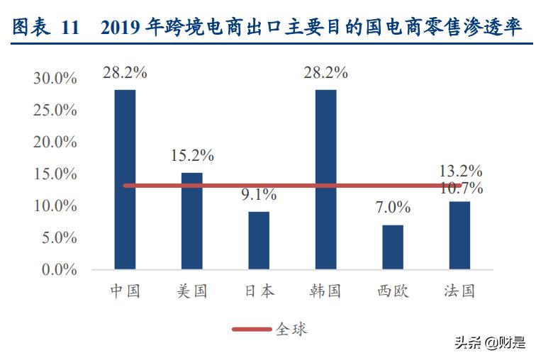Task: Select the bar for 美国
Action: click(x=191, y=221)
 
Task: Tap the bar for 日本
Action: click(x=259, y=240)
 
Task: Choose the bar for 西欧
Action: click(x=393, y=247)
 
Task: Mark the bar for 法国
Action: click(x=459, y=235)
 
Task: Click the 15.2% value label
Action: click(x=191, y=156)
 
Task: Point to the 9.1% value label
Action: click(x=259, y=195)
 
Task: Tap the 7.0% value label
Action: click(x=393, y=208)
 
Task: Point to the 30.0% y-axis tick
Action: click(x=55, y=78)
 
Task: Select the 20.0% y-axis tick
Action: click(x=55, y=142)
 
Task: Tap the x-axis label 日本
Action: click(x=259, y=291)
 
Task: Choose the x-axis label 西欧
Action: click(x=393, y=291)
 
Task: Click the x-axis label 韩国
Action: click(x=325, y=291)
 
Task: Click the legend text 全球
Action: click(x=291, y=329)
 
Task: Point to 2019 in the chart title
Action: click(x=121, y=29)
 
